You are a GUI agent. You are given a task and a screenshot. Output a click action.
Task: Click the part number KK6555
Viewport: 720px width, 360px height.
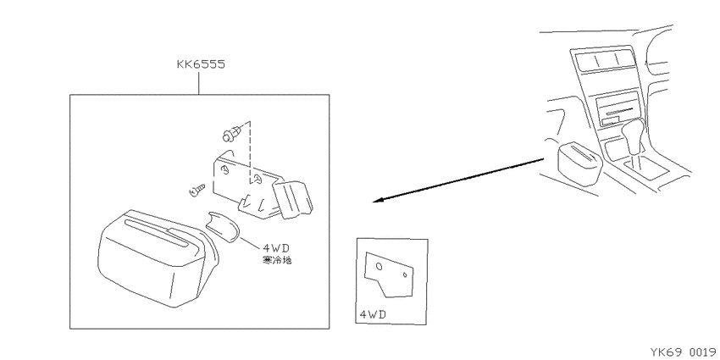point(201,64)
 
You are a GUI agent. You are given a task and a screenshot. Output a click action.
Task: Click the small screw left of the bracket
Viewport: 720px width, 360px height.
point(197,189)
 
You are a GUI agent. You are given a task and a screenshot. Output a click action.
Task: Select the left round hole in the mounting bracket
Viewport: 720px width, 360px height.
point(225,171)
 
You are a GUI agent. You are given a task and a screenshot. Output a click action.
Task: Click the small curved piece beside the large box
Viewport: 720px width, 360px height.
point(223,226)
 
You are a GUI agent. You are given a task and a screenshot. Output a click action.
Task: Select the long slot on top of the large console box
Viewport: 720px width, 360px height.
point(157,232)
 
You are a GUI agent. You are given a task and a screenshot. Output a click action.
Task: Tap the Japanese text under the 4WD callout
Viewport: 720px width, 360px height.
point(277,261)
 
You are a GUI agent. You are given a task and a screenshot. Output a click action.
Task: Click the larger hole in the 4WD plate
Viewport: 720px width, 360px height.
point(379,266)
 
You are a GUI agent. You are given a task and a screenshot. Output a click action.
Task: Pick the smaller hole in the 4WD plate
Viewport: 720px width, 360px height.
point(405,275)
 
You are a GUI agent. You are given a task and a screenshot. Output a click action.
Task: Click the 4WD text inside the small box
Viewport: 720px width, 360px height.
point(373,315)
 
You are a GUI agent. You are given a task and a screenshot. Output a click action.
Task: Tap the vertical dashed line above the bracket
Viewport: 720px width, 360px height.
point(251,151)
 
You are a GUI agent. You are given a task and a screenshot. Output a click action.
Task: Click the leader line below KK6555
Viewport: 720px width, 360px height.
point(199,83)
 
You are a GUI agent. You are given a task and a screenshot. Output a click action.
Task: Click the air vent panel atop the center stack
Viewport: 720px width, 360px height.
point(602,60)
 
